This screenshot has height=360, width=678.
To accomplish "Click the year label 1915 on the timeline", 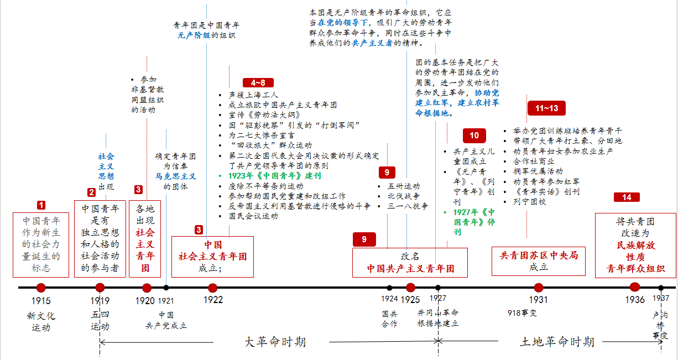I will (41, 301).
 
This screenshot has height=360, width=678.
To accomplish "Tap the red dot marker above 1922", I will (212, 288).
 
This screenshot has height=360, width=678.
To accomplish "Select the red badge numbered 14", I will (627, 197).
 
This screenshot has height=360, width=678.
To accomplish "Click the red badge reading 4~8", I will (258, 83).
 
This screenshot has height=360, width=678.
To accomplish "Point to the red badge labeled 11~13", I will (546, 108).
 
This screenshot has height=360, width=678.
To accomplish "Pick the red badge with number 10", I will (474, 135).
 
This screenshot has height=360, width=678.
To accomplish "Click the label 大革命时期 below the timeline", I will (275, 341).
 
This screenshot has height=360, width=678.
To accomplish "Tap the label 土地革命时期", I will (557, 342).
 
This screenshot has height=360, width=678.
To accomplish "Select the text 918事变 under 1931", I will (522, 313).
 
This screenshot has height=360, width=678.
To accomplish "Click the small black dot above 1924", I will (389, 288).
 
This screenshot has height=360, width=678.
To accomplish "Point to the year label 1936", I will (634, 300).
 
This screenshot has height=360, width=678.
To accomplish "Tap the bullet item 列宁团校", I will (529, 202).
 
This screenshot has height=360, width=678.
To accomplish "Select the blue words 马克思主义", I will (175, 176).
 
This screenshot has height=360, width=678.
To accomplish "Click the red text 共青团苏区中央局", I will (539, 255).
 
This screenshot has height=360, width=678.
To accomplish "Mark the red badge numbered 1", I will (41, 205).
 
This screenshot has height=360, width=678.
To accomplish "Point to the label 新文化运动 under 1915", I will (41, 322).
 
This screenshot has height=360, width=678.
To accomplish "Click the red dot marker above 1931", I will (538, 288).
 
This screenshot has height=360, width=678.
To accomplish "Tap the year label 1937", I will (660, 299).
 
